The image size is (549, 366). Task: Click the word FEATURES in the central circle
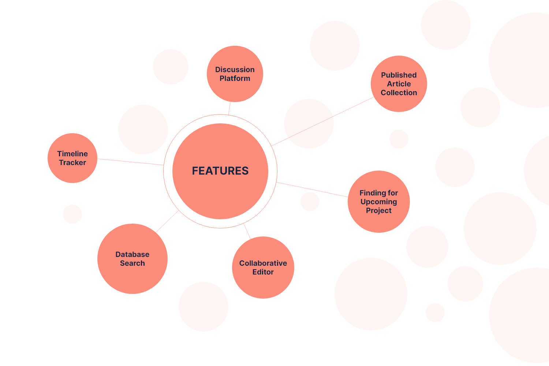point(220,171)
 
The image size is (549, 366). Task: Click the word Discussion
point(235,70)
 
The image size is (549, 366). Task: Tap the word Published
point(399,75)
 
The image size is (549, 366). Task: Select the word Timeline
point(72,154)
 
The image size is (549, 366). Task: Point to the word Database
point(132,254)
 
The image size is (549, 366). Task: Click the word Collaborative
point(263,263)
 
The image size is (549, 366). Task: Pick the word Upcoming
point(379,202)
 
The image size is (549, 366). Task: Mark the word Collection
point(399,93)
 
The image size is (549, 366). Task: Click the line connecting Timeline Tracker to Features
point(130,162)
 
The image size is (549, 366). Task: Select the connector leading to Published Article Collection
point(322,122)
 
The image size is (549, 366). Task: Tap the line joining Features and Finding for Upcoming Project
point(312,190)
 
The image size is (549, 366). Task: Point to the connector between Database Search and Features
point(167,221)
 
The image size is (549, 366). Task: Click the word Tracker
point(72,163)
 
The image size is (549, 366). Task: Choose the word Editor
point(263,272)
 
